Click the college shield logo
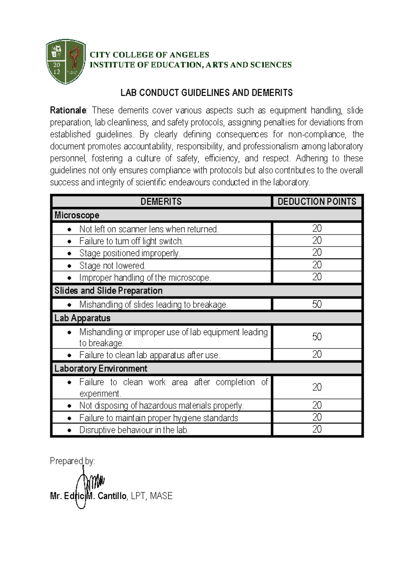click(66, 62)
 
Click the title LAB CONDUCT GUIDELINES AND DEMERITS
click(206, 93)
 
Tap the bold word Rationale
click(68, 111)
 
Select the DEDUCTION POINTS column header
click(317, 201)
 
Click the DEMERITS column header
click(161, 201)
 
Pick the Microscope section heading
click(77, 215)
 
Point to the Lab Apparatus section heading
click(82, 318)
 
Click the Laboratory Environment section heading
click(101, 369)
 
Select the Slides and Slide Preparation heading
click(108, 291)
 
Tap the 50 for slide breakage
click(317, 304)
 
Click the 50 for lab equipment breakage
click(317, 337)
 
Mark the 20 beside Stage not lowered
click(317, 265)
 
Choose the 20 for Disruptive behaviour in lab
click(317, 429)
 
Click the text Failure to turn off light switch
click(131, 241)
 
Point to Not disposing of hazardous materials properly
click(161, 406)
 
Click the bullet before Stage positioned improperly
click(70, 254)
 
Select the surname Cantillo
click(112, 496)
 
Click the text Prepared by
click(72, 461)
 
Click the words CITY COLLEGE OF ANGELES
click(149, 55)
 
